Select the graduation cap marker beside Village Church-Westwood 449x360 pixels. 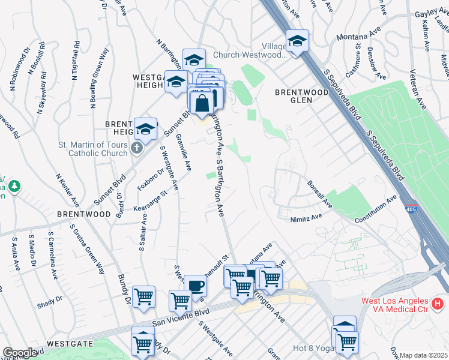point(297,41)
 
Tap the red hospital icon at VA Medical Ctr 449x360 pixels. point(438,305)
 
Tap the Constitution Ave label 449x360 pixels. point(376,209)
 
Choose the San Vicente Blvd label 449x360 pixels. point(180,317)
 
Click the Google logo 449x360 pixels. point(20,353)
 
